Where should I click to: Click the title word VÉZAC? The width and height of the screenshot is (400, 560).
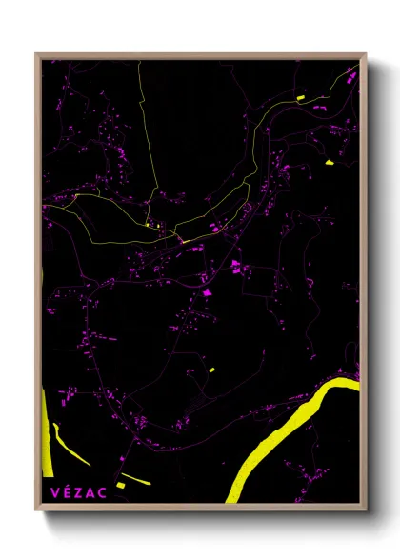(78, 492)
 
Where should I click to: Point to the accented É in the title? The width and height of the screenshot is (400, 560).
(66, 492)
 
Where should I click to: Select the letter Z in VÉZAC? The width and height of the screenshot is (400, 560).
(78, 492)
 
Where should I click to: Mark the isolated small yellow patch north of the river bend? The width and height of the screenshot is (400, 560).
(211, 370)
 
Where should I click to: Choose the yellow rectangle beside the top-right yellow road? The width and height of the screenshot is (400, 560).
(299, 98)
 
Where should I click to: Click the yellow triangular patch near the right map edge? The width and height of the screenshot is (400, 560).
(329, 163)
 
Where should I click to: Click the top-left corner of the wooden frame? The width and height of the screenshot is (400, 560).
(37, 55)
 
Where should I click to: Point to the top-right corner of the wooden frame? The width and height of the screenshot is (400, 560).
(365, 55)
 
